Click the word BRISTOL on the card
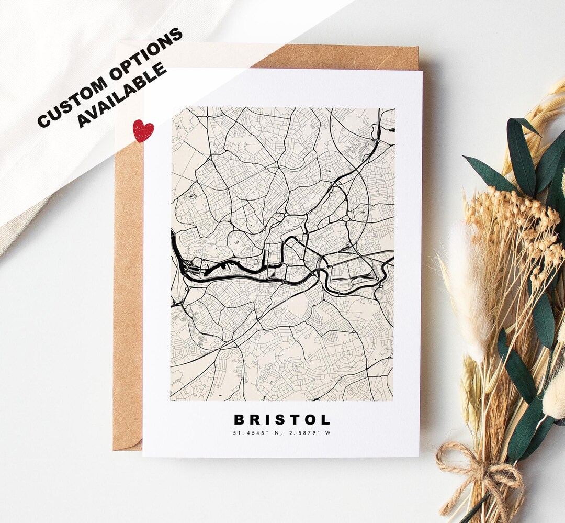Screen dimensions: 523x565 pyautogui.click(x=282, y=419)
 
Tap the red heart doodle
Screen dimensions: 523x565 pyautogui.click(x=143, y=130)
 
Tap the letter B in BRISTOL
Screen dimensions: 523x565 pyautogui.click(x=239, y=419)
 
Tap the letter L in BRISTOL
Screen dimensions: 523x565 pyautogui.click(x=325, y=419)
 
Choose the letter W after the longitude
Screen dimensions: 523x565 pyautogui.click(x=329, y=433)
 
